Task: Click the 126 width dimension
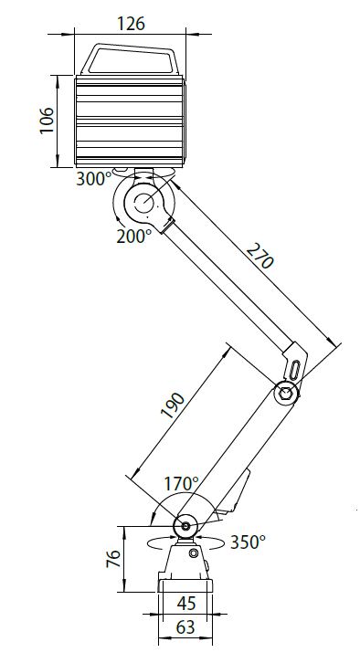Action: coord(131,23)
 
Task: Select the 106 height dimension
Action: coord(47,121)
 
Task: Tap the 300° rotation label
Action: coord(93,179)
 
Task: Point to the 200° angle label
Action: coord(133,236)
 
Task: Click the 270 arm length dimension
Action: coord(259,256)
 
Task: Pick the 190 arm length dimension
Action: coord(173,405)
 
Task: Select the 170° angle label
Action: coord(181,484)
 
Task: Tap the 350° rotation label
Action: coord(248,542)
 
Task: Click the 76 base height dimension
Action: coord(113,559)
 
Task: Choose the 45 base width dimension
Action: coord(186,604)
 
